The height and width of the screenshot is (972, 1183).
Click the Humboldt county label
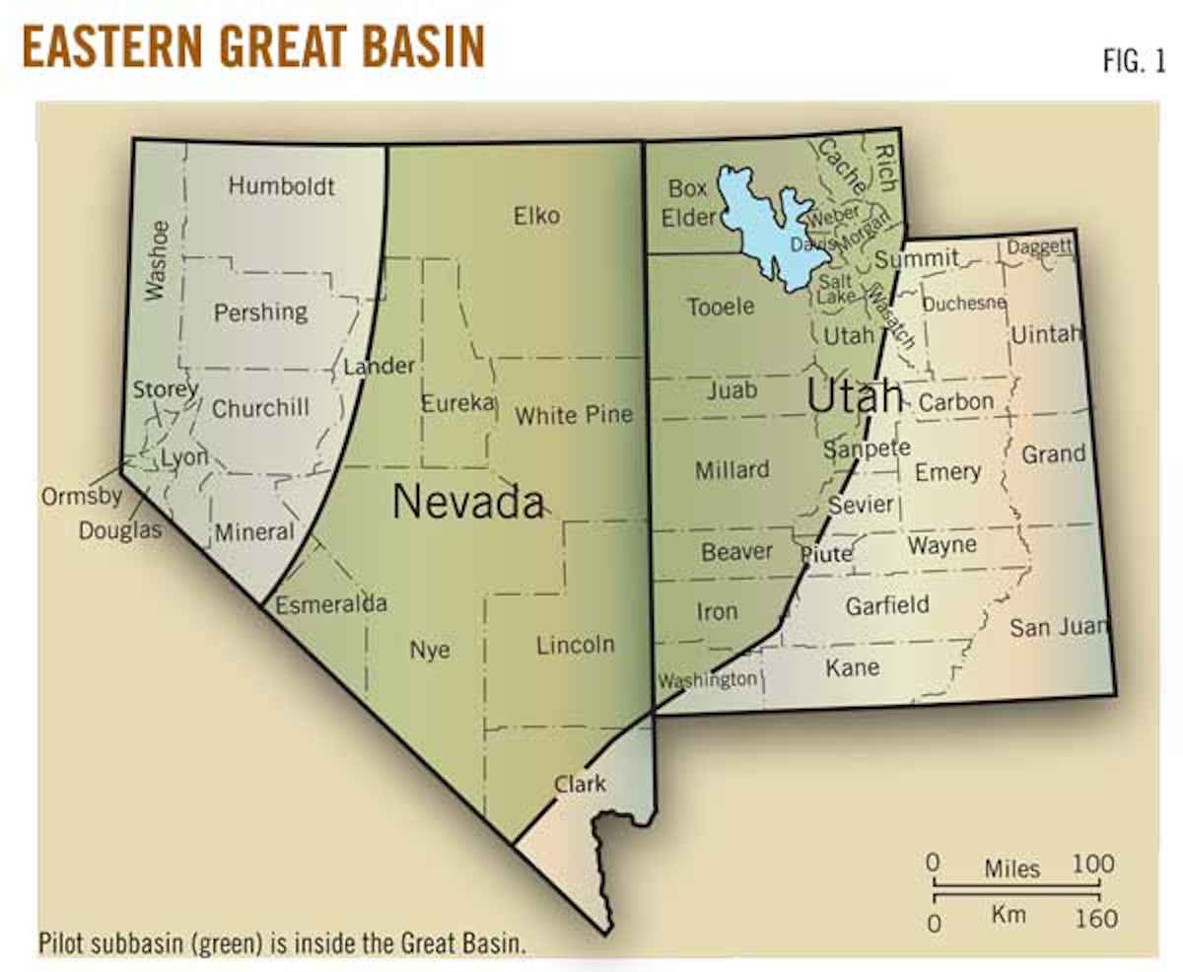click(x=282, y=185)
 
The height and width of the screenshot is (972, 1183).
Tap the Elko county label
click(x=536, y=215)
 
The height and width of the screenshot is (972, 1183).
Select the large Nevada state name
click(x=467, y=502)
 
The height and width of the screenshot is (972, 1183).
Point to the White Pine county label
click(x=573, y=415)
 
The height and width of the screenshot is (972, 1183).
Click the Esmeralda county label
click(x=331, y=603)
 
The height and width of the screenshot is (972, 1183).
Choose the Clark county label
click(x=580, y=785)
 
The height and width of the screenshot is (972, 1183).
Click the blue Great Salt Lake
click(x=764, y=222)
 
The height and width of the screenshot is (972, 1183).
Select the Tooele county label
click(x=721, y=307)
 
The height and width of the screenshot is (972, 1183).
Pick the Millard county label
click(x=731, y=470)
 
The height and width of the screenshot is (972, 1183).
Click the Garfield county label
click(x=886, y=604)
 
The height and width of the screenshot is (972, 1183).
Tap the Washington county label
click(x=708, y=680)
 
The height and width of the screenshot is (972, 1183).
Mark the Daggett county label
click(x=1039, y=247)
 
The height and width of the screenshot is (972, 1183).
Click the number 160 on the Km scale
click(x=1097, y=919)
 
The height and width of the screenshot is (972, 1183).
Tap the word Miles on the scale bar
click(x=1011, y=868)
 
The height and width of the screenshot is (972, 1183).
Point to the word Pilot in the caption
click(x=61, y=941)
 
